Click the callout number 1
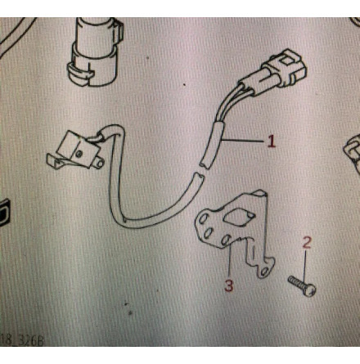(271, 141)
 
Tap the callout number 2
(307, 243)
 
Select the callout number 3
(229, 285)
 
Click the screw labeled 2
(301, 285)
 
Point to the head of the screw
(310, 290)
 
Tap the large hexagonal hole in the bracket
(237, 217)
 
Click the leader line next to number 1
(244, 141)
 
